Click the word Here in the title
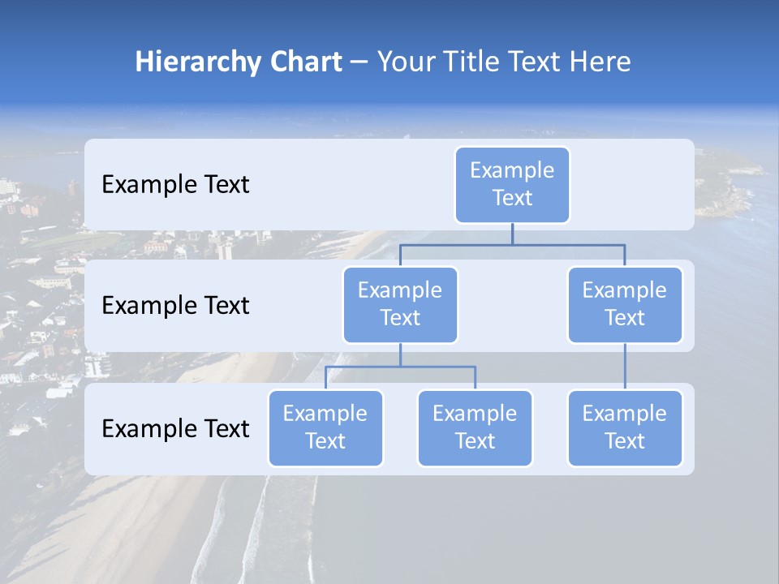click(600, 62)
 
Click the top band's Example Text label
click(175, 185)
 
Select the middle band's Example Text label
click(175, 306)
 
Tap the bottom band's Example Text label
click(175, 429)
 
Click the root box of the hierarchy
click(512, 184)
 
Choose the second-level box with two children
click(400, 304)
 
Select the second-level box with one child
click(625, 304)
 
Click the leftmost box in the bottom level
click(325, 427)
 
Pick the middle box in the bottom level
click(475, 427)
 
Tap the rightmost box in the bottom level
click(625, 427)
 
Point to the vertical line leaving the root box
click(512, 234)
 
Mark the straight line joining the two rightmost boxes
click(625, 367)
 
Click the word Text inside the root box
click(512, 198)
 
